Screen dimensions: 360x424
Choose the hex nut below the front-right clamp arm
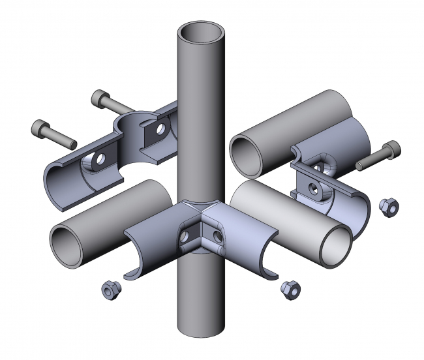tap(289, 288)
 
